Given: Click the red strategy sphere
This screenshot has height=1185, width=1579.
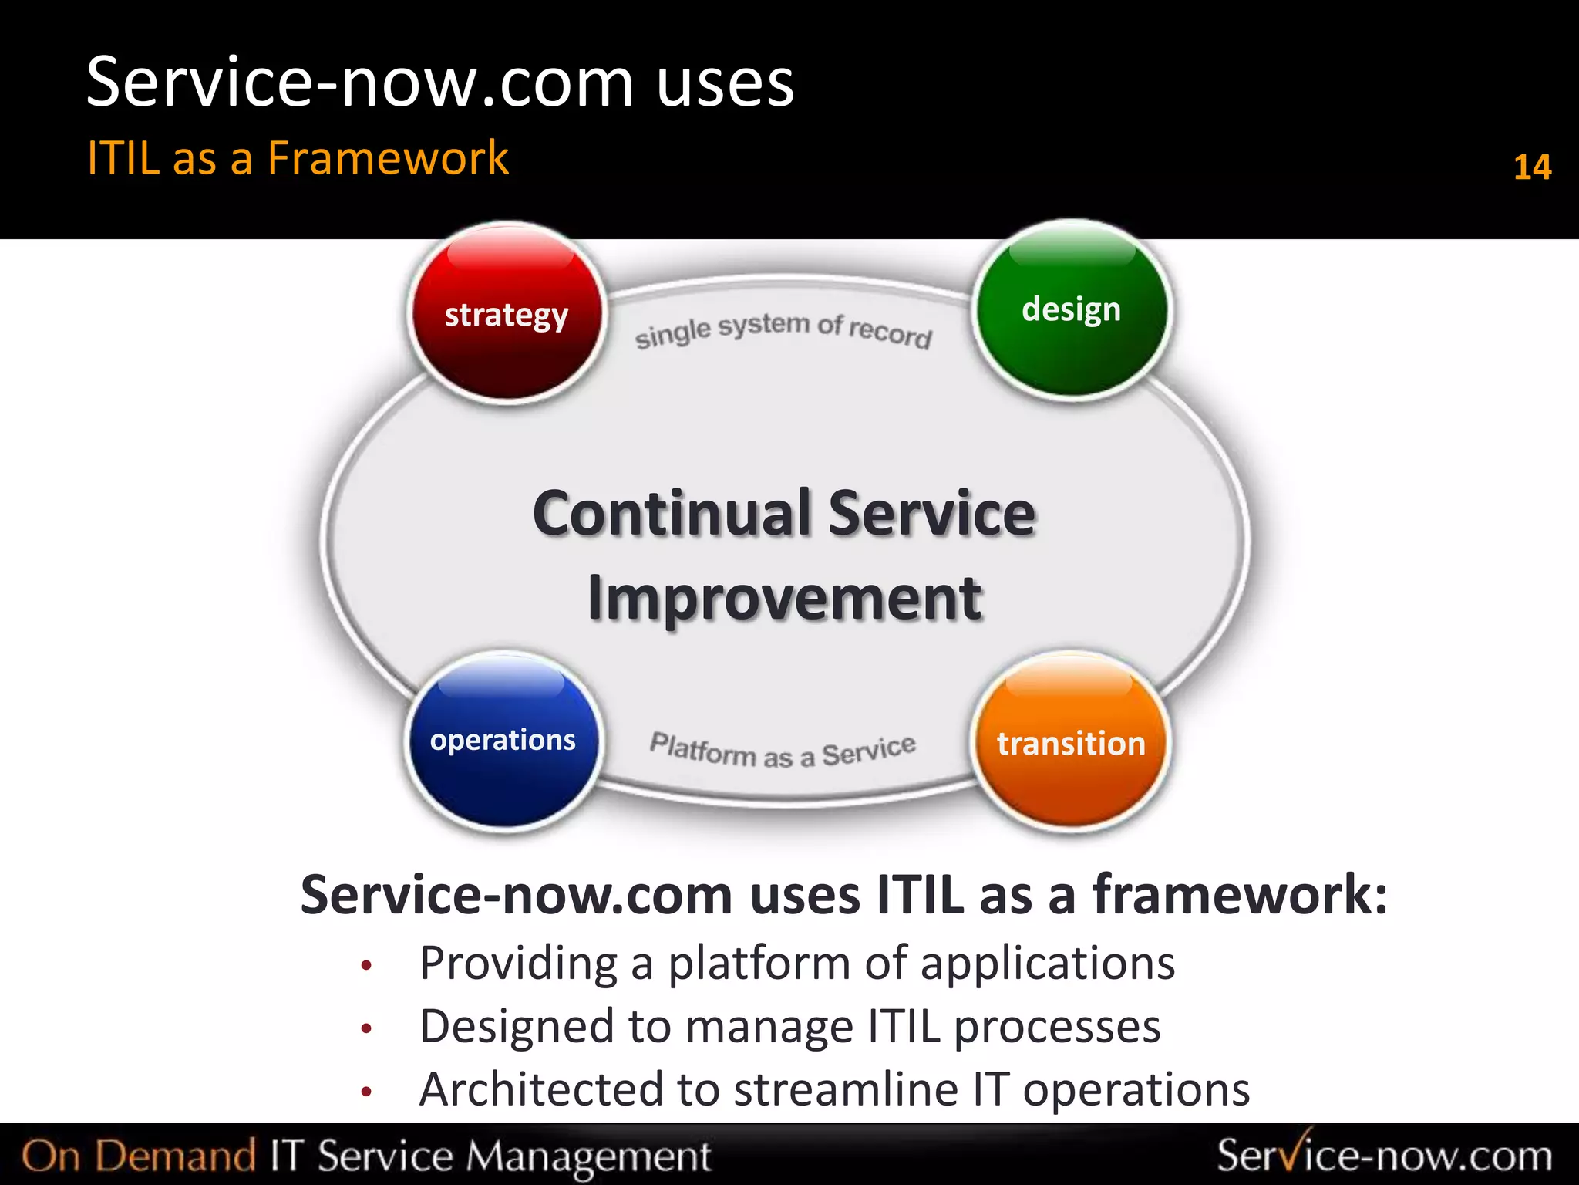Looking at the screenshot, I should click(506, 312).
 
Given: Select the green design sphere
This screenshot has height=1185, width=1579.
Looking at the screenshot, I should click(1071, 309).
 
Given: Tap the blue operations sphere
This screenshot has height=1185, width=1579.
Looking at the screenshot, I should click(503, 741).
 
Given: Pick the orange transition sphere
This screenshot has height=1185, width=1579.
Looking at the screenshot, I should click(1071, 743).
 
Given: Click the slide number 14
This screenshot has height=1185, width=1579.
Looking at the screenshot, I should click(1532, 167).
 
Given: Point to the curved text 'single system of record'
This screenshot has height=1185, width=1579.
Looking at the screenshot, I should click(783, 330).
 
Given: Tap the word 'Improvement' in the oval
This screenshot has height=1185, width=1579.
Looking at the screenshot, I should click(784, 599).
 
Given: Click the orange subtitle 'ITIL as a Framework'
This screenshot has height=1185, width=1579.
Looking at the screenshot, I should click(298, 158).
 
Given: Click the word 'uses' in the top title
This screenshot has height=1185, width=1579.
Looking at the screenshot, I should click(725, 83).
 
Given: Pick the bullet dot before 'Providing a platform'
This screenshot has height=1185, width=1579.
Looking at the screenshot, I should click(367, 965).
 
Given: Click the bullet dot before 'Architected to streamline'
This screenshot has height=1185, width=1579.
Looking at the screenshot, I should click(367, 1091).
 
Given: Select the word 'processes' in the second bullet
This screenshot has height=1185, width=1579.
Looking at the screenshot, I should click(1057, 1028).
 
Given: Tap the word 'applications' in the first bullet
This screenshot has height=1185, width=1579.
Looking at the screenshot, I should click(1048, 964).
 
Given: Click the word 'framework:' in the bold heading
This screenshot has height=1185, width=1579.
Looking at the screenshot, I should click(1240, 895).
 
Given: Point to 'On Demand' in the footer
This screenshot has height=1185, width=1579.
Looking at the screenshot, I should click(139, 1156).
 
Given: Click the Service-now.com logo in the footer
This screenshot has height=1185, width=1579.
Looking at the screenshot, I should click(1384, 1155).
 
